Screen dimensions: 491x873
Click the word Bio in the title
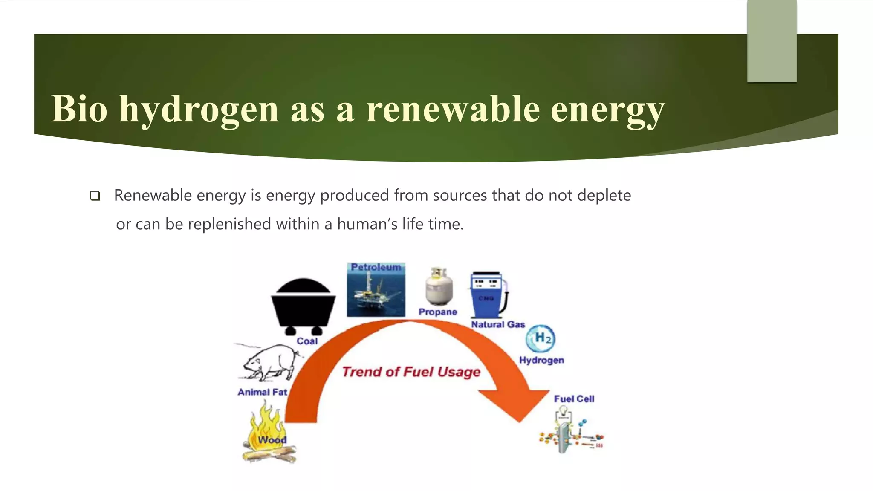tap(79, 109)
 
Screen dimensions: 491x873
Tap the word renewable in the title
tap(453, 109)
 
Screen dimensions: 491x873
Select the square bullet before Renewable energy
tap(95, 196)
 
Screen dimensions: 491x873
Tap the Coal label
tap(307, 341)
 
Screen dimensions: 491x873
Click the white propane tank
tap(439, 286)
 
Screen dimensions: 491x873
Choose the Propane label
tap(437, 312)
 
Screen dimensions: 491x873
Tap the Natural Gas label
tap(498, 325)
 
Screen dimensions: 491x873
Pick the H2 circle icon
tap(541, 338)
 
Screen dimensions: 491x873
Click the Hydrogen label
tap(541, 361)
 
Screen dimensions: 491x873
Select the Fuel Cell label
tap(574, 399)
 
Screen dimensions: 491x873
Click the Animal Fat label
tap(262, 392)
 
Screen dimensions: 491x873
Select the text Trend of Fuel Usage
tap(411, 372)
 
